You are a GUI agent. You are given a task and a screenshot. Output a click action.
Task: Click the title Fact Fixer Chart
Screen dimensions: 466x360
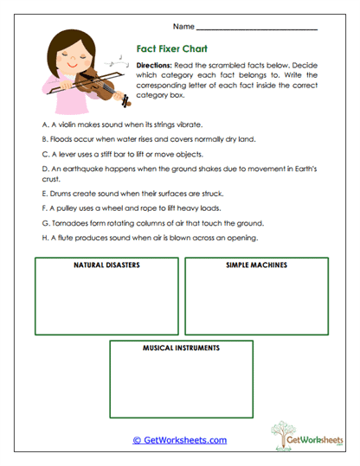(174, 50)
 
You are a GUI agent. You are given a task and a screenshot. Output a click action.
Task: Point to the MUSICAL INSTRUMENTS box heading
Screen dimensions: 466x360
(181, 348)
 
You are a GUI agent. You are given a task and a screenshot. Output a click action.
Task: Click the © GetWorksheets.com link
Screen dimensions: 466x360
(180, 440)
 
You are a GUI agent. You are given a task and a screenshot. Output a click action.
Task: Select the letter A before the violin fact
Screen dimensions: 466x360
(44, 124)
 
